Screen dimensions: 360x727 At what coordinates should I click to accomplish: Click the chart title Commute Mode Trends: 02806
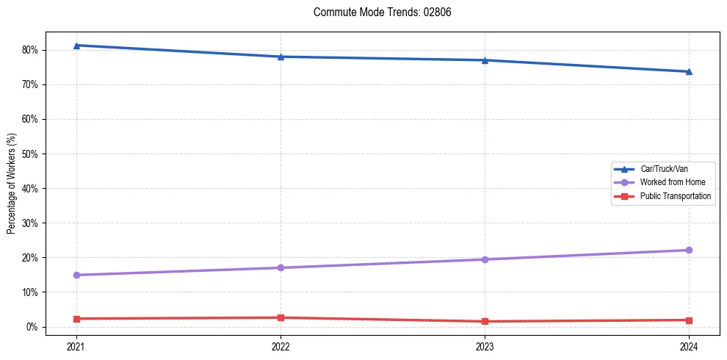(377, 12)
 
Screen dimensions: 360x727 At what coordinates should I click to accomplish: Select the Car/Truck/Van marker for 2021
(76, 46)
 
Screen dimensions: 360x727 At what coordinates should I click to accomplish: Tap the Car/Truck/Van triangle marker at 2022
(281, 57)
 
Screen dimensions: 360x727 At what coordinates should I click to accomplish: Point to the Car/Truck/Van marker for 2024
(689, 71)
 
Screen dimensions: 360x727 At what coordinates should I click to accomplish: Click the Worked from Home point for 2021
(76, 275)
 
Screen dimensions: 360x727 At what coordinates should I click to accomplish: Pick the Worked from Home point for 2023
(485, 259)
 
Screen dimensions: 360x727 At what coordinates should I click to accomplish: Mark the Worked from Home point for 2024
(689, 250)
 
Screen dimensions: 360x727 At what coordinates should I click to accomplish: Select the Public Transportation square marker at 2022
(281, 317)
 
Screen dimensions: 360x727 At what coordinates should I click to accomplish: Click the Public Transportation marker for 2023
(485, 321)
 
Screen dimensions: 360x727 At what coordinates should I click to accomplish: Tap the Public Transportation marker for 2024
(689, 320)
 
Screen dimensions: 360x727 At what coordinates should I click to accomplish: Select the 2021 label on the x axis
(76, 346)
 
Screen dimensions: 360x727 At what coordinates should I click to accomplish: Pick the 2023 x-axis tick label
(485, 346)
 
